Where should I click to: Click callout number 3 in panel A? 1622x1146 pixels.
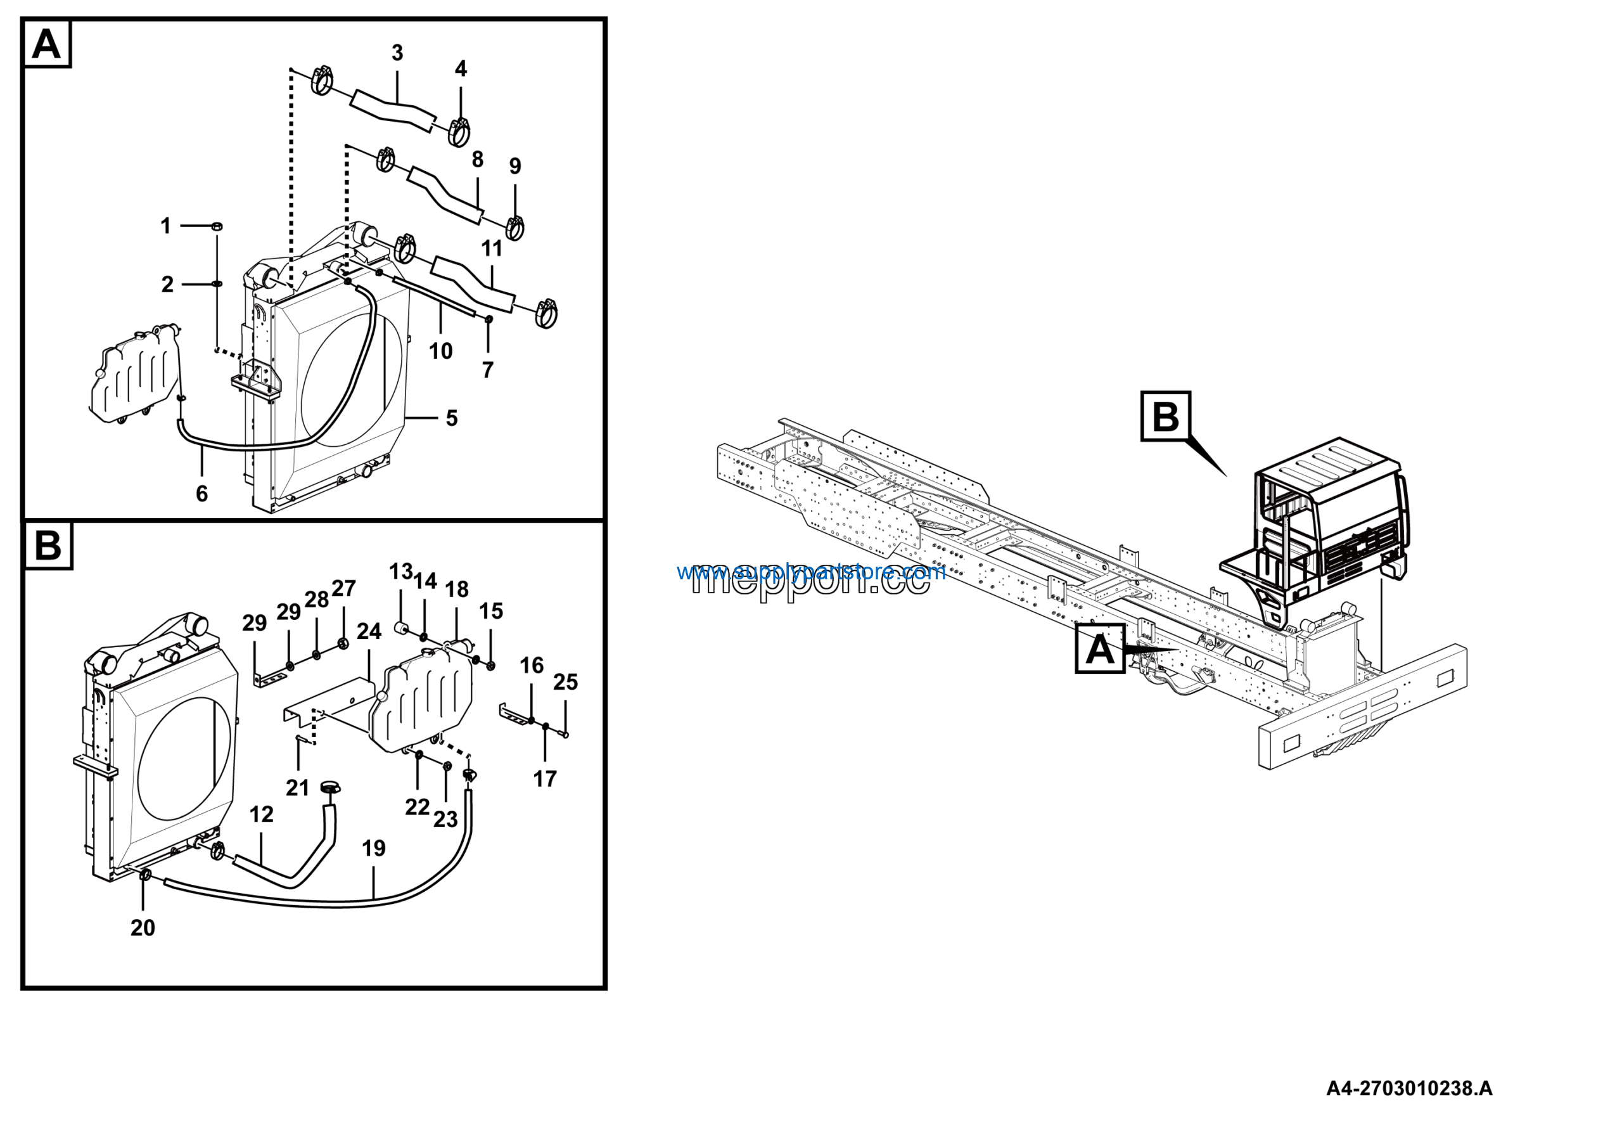tap(397, 53)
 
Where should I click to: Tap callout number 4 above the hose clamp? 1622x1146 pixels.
tap(461, 69)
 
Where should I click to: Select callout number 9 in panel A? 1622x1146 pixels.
tap(515, 166)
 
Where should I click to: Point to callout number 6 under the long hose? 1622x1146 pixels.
tap(202, 493)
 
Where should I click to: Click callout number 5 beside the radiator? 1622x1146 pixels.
tap(451, 418)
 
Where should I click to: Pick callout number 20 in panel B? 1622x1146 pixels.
tap(143, 928)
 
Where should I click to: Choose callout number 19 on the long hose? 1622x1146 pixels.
tap(374, 849)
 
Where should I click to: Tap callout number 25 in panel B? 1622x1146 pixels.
tap(565, 682)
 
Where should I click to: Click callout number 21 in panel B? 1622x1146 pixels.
tap(297, 788)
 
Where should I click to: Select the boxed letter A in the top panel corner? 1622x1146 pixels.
tap(47, 44)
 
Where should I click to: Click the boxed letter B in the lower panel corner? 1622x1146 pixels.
tap(48, 546)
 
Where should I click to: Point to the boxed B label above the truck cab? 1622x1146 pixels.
tap(1165, 416)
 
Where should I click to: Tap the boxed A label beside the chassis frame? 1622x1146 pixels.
tap(1099, 648)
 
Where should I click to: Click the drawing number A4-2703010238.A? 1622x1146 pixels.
tap(1408, 1089)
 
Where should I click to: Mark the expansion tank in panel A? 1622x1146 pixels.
tap(134, 375)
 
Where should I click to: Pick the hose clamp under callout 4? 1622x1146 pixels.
tap(460, 131)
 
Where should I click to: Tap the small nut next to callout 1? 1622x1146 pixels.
tap(217, 226)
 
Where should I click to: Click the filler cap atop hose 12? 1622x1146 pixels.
tap(330, 787)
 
